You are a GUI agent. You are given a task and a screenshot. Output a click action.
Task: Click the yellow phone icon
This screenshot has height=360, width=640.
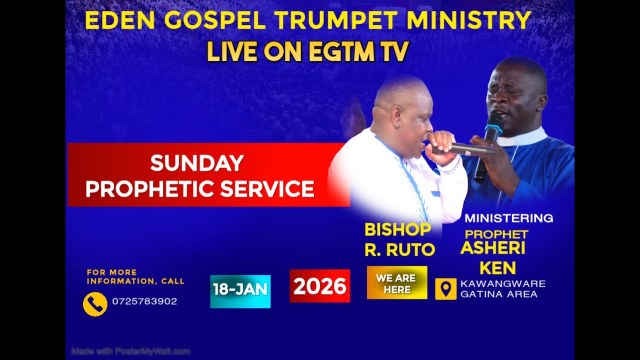point(95,304)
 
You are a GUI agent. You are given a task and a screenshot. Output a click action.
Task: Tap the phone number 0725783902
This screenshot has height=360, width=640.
point(144,301)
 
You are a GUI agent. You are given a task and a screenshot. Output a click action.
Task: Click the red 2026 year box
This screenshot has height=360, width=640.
point(319,286)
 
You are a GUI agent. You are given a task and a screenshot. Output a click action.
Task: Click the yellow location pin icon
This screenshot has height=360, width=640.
point(445,289)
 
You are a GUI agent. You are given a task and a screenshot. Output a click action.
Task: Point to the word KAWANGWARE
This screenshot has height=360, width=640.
point(502,284)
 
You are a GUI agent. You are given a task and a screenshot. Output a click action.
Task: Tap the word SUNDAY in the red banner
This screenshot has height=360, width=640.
point(197,163)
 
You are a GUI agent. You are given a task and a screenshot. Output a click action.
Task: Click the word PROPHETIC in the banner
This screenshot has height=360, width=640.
point(150,188)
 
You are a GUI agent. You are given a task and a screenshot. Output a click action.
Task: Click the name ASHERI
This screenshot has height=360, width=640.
point(492,248)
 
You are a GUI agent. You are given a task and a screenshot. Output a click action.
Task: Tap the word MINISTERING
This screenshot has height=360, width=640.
point(508,218)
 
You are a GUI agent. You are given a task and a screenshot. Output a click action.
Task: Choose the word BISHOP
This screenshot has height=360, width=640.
point(397,229)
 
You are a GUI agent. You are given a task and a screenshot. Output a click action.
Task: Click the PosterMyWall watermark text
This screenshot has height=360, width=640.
point(131,351)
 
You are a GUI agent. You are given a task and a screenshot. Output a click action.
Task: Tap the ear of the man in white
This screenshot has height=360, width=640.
point(397,116)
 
